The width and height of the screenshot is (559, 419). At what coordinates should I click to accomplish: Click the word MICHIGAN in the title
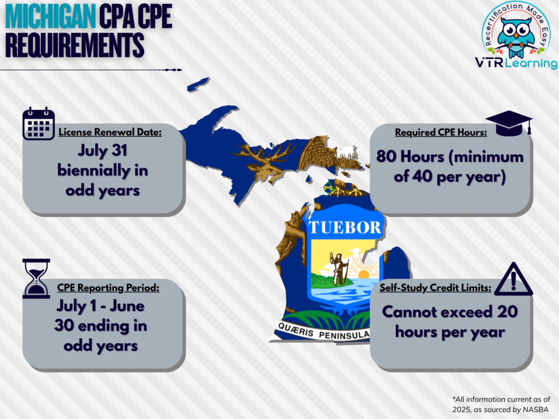pos(51,17)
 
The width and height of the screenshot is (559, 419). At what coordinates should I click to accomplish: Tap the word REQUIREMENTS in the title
pos(75,45)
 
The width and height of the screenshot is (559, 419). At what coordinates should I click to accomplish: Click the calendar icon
pos(39,123)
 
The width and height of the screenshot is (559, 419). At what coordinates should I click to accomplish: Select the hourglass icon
pos(36,278)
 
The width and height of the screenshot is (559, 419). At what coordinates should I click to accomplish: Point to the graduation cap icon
pos(509,123)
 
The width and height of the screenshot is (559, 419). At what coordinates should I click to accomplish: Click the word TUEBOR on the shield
pos(345,228)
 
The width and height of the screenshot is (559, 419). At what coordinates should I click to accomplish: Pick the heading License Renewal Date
pos(110,132)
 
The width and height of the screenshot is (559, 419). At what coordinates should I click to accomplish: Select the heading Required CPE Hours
pos(441,132)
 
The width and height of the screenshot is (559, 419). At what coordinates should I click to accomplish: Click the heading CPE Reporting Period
pos(108,288)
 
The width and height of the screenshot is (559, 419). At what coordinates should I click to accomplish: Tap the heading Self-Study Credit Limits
pos(435,288)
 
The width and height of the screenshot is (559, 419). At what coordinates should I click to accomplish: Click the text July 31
pos(103,151)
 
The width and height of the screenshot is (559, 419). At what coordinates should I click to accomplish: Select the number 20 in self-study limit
pos(507,312)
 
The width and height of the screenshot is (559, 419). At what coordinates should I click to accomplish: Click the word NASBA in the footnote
pos(536,410)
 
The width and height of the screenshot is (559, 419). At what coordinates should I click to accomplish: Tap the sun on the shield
pos(363,274)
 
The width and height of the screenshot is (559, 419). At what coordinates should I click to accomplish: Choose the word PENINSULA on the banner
pos(344,335)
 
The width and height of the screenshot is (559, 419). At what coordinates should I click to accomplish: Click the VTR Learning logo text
pos(516,63)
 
